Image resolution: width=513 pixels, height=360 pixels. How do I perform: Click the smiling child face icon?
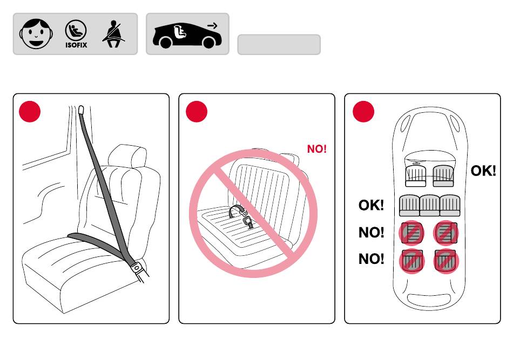point(37,34)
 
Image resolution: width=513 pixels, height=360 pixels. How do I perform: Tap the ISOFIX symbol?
point(76,35)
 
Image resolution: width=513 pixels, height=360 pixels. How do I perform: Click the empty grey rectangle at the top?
point(279,45)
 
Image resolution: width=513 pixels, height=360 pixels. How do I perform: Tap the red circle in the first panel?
point(30,111)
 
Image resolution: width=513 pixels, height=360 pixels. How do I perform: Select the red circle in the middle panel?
point(197,111)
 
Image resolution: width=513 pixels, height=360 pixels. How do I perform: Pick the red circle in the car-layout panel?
point(363,111)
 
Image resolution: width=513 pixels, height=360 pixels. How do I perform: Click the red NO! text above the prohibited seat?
point(317,149)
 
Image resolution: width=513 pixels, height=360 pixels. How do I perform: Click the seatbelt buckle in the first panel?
point(138,267)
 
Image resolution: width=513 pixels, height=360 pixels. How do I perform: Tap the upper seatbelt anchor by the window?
point(82,110)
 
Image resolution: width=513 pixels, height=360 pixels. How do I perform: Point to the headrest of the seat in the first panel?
point(128,155)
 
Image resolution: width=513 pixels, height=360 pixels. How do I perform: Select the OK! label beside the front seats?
point(483,171)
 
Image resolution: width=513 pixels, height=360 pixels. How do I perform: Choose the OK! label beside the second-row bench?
point(371,205)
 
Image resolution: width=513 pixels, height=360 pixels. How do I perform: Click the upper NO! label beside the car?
point(371,233)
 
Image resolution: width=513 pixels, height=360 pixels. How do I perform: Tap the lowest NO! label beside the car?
point(371,259)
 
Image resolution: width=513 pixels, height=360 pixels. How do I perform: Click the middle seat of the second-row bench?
point(430,206)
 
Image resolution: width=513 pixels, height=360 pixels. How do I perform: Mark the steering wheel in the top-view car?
point(416,162)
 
